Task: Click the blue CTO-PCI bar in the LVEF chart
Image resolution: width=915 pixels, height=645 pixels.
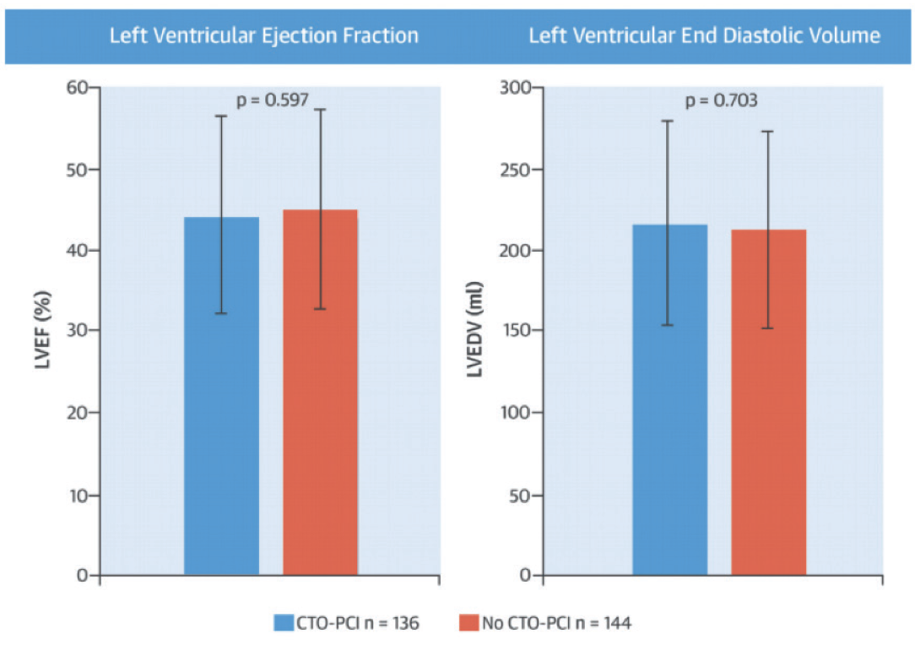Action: click(x=221, y=397)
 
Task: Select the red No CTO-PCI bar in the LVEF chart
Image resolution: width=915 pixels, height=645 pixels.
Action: click(x=320, y=393)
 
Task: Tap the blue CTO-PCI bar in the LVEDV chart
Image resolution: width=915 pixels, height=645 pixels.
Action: click(x=669, y=400)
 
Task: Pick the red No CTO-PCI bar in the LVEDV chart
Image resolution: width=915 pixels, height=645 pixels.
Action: click(x=768, y=403)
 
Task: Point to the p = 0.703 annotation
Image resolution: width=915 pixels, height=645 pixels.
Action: click(x=721, y=100)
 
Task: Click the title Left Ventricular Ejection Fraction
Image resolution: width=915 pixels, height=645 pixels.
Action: click(x=264, y=35)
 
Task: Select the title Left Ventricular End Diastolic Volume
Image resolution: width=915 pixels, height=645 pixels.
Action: click(x=704, y=35)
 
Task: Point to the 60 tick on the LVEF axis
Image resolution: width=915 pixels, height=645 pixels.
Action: click(x=79, y=88)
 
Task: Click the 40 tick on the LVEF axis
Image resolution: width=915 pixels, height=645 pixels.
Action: click(x=79, y=251)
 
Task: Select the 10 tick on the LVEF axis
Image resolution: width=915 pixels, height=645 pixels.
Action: click(x=79, y=495)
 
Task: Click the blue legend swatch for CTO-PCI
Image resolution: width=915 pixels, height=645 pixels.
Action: click(x=283, y=623)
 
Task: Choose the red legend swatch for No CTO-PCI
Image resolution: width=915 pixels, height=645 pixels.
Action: click(x=468, y=623)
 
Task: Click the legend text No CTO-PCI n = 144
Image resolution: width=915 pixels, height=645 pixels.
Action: click(x=558, y=623)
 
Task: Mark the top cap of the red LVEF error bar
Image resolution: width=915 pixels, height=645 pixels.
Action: click(x=320, y=110)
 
